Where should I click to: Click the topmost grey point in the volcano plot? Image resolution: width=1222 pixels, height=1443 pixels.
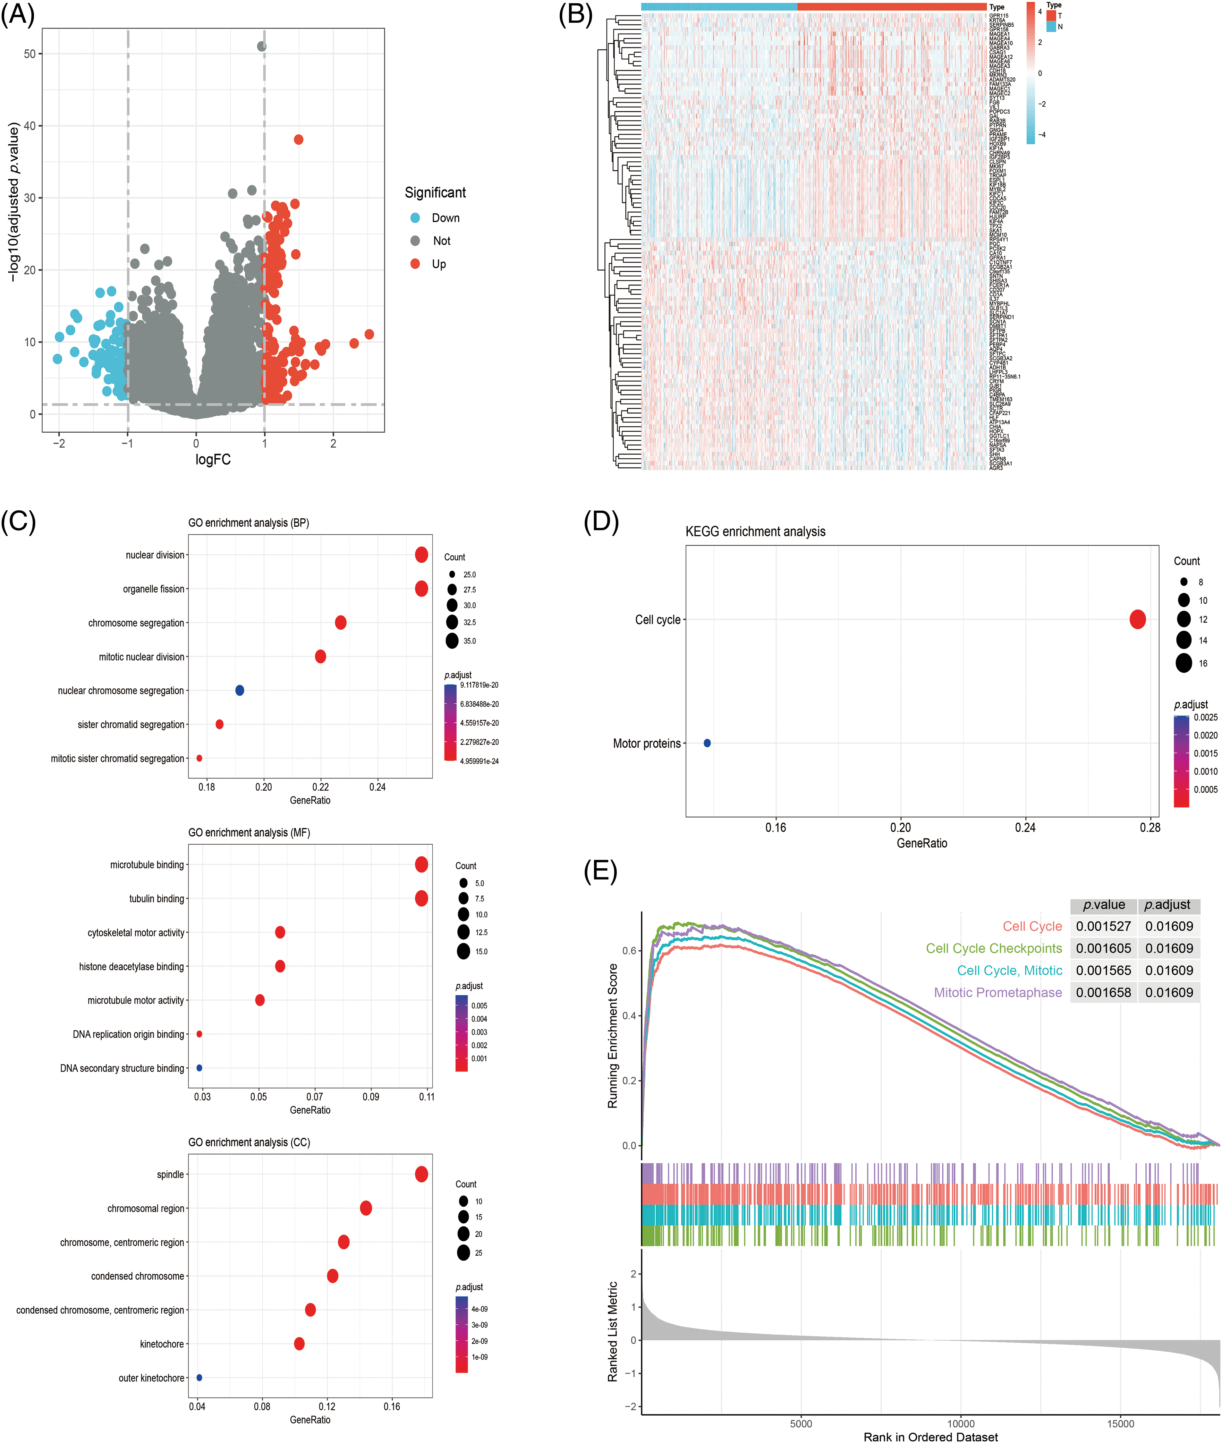pyautogui.click(x=261, y=47)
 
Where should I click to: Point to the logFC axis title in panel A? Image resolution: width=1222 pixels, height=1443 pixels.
pyautogui.click(x=213, y=459)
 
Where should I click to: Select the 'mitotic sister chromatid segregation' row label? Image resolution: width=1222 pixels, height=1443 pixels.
pyautogui.click(x=118, y=759)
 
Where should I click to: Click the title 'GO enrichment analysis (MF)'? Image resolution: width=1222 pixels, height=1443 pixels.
pyautogui.click(x=249, y=832)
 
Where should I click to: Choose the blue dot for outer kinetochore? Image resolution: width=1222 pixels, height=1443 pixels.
pyautogui.click(x=199, y=1378)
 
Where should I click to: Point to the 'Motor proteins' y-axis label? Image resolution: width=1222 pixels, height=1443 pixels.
pyautogui.click(x=646, y=743)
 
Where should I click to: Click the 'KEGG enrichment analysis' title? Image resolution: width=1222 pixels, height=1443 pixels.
pyautogui.click(x=755, y=531)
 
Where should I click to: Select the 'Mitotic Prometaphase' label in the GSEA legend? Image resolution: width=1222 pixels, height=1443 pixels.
pyautogui.click(x=997, y=993)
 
